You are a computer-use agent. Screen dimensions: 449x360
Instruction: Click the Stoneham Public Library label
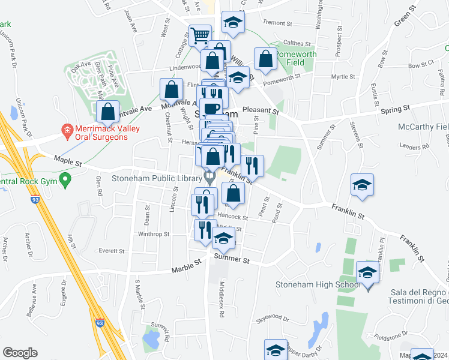click(158, 178)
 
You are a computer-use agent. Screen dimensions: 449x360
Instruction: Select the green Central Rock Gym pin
click(66, 178)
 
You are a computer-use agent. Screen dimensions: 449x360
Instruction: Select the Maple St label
click(67, 160)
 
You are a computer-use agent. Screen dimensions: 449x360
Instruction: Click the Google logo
click(19, 352)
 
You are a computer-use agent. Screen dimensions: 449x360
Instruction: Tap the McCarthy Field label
click(423, 127)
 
